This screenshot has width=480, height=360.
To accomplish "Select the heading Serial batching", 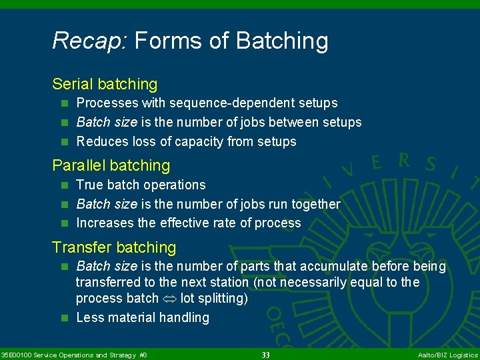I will [105, 84].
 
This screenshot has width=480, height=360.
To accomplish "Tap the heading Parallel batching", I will [111, 165].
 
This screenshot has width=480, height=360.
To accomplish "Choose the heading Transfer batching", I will [114, 247].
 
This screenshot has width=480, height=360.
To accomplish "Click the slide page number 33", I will [265, 355].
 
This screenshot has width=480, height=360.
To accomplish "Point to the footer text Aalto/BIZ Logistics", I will [447, 355].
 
